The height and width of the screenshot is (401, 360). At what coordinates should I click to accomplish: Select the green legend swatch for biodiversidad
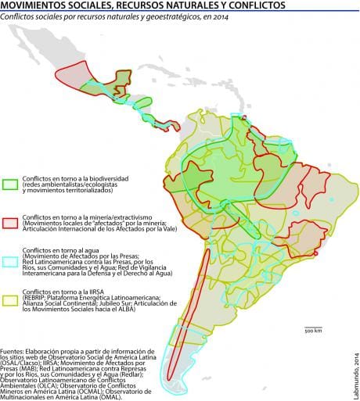(x=11, y=185)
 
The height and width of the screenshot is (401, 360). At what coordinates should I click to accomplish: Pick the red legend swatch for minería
(x=11, y=222)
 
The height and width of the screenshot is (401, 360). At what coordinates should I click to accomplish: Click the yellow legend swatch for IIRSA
(x=11, y=299)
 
